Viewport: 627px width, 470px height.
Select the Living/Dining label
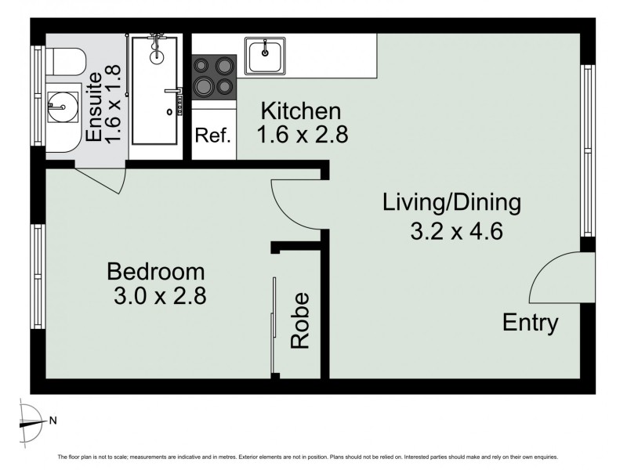pyautogui.click(x=451, y=204)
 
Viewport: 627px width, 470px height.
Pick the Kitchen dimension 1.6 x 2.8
pyautogui.click(x=303, y=135)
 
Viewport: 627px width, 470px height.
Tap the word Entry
pyautogui.click(x=530, y=323)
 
